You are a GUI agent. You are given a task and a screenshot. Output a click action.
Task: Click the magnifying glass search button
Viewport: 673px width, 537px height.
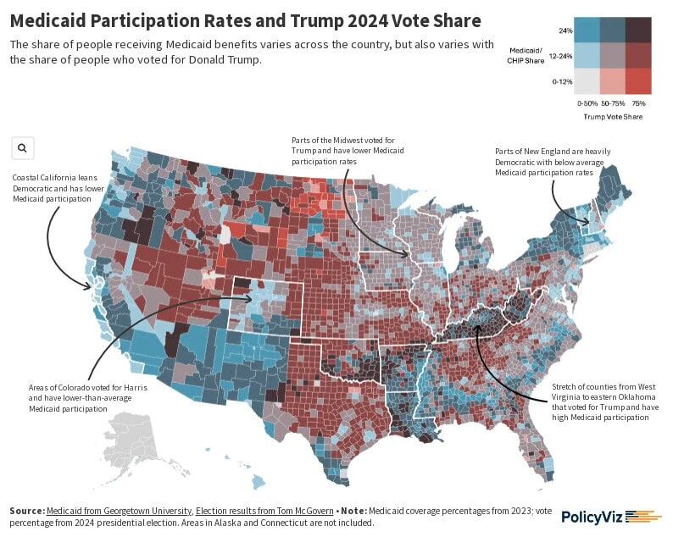point(22,148)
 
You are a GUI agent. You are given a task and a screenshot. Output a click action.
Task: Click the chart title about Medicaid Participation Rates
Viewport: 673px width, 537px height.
point(245,20)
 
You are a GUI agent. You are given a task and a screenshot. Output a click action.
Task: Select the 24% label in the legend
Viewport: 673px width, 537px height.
point(565,30)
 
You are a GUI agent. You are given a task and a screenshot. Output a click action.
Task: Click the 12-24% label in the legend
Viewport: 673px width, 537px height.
point(560,56)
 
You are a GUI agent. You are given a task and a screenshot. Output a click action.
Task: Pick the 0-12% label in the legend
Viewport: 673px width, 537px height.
point(562,81)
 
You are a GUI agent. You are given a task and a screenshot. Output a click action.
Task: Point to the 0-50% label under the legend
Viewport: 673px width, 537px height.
point(587,102)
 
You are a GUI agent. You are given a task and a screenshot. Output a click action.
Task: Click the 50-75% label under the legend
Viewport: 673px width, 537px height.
point(613,102)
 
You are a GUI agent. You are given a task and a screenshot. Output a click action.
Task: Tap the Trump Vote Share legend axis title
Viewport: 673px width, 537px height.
point(613,117)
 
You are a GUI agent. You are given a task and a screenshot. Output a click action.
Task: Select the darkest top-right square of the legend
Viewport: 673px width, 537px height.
point(639,30)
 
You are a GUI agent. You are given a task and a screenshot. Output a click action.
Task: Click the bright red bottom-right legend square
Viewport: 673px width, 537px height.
point(639,80)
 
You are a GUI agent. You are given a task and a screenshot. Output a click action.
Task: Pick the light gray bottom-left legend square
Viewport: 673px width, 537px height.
point(587,80)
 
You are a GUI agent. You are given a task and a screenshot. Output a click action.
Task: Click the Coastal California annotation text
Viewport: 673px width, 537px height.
point(53,188)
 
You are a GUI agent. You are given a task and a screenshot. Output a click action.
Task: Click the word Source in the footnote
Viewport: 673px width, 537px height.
point(26,511)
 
